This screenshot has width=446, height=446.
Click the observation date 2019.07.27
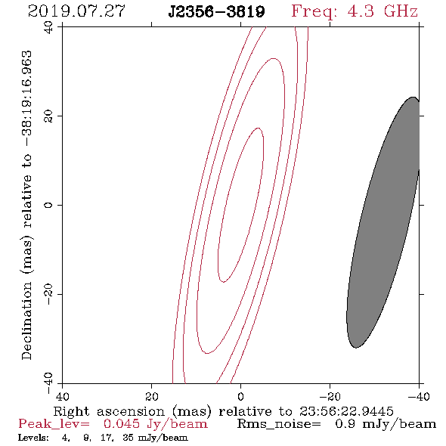[76, 11]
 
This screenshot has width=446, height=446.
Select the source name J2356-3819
[216, 12]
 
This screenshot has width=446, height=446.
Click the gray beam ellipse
[383, 222]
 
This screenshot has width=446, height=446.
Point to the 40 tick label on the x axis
[62, 397]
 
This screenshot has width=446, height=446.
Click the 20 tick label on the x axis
[152, 397]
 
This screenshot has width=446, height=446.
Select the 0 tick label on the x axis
[241, 397]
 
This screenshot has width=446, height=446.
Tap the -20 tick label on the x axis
[330, 397]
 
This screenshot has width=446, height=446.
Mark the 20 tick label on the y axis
[48, 116]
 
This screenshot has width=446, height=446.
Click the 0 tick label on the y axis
[48, 205]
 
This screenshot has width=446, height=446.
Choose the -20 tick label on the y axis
[48, 294]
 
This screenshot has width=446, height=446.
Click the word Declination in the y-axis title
[26, 321]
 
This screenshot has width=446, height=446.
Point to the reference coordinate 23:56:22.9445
[346, 411]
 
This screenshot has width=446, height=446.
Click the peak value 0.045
[122, 424]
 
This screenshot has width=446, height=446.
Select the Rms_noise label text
[279, 424]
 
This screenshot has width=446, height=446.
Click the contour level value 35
[128, 438]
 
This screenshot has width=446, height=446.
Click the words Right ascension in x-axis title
[109, 412]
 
